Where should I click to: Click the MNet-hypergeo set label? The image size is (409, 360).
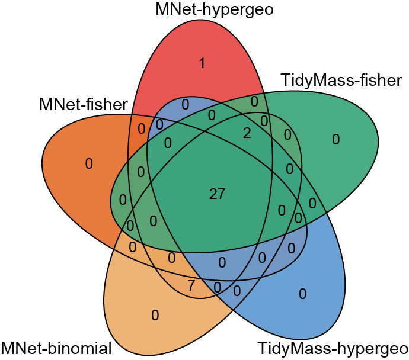pos(215,9)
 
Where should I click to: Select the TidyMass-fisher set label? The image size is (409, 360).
pos(341,80)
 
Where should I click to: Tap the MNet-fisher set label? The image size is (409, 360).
pos(84,105)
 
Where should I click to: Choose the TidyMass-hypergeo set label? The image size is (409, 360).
pos(331,349)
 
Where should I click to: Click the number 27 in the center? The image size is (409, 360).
pos(218,193)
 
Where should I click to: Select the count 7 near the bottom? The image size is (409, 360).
pos(190,285)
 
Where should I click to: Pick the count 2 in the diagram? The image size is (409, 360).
pos(247,134)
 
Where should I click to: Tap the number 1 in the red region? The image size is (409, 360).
pos(202,63)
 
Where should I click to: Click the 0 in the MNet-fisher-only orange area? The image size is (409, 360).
pos(89,163)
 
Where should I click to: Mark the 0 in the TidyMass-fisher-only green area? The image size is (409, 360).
pos(335,140)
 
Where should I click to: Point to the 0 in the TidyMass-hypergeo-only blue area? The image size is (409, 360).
pos(302,293)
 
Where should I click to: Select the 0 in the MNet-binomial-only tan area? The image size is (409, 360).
pos(155,315)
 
